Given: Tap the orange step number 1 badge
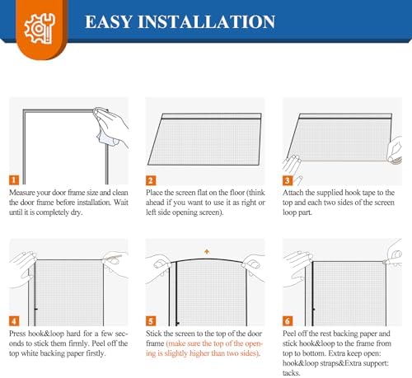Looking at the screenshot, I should click(15, 180).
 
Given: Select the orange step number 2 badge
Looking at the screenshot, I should click(151, 180).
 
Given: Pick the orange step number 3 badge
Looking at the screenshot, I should click(288, 180).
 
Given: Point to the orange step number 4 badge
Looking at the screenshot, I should click(15, 320).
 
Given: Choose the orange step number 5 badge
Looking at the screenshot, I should click(151, 320).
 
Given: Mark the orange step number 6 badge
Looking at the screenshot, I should click(288, 320).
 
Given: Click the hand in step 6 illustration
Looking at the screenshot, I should click(297, 262).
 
